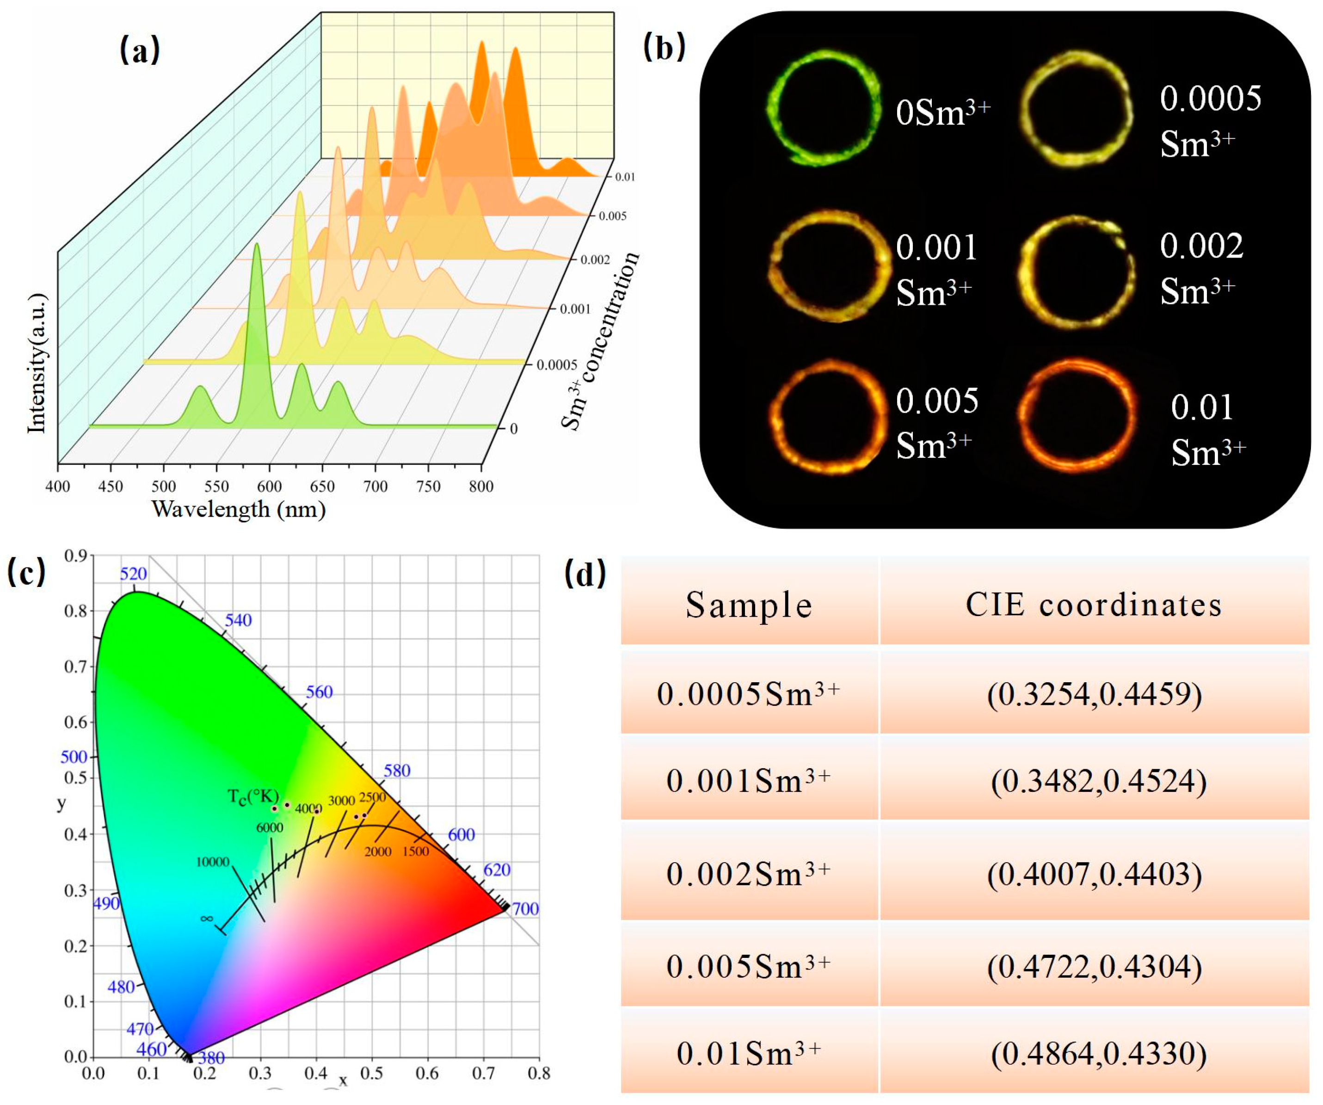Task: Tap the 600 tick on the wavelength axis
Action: pos(270,486)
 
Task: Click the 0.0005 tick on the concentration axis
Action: pos(556,365)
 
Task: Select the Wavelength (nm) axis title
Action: pos(239,509)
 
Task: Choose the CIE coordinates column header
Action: pos(1094,605)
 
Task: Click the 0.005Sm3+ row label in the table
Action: pos(749,966)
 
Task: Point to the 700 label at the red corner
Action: pos(525,908)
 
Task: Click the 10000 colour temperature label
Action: pos(212,862)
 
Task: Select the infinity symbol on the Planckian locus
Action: pos(207,919)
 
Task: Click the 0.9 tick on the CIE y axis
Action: pos(75,556)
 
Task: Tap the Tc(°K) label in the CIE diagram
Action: pos(252,796)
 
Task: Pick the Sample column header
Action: pos(749,605)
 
